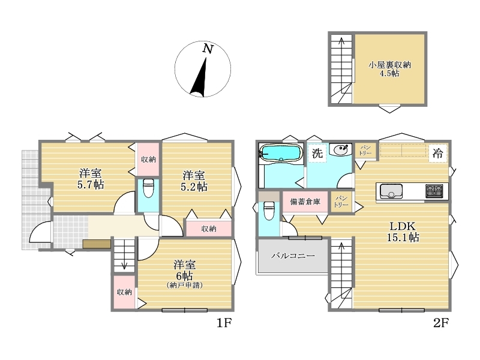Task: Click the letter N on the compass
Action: click(x=208, y=49)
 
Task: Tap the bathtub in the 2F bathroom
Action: click(x=281, y=152)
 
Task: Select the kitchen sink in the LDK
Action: click(x=391, y=191)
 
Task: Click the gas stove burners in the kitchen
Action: click(x=434, y=191)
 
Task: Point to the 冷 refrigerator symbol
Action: click(x=438, y=153)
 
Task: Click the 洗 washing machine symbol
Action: click(x=317, y=153)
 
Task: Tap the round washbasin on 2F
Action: click(x=341, y=149)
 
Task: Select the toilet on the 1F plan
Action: click(x=148, y=188)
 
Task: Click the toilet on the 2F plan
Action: click(x=269, y=211)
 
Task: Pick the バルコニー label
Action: click(x=293, y=256)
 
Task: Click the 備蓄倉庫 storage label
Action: click(x=305, y=202)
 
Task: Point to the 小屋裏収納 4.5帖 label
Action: click(x=389, y=69)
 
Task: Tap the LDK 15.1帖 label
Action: click(x=403, y=232)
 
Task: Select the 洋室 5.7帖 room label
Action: click(x=91, y=179)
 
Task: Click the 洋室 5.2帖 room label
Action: click(x=194, y=181)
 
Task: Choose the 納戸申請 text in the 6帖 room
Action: click(x=185, y=285)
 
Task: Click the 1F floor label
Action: click(x=224, y=323)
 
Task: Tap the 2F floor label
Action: click(x=441, y=323)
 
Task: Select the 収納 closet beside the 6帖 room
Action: click(x=124, y=292)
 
